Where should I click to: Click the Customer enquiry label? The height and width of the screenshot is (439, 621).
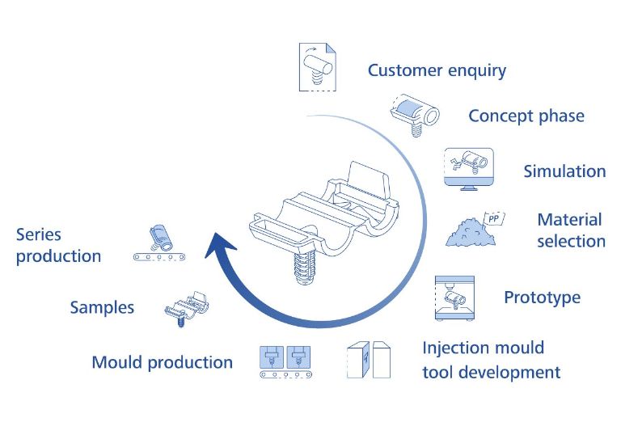(x=437, y=71)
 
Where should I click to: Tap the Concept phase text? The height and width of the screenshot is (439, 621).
(x=526, y=116)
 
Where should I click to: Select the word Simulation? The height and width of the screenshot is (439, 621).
(x=564, y=171)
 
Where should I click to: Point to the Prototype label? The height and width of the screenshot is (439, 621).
(x=543, y=298)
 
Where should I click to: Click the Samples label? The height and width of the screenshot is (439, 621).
(x=102, y=307)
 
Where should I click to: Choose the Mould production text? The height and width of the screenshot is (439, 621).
(x=163, y=363)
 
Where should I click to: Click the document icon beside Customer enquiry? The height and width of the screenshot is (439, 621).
(x=318, y=67)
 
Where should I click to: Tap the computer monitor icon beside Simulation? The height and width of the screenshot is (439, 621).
(x=469, y=169)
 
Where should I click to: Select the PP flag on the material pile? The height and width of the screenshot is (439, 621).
(x=494, y=218)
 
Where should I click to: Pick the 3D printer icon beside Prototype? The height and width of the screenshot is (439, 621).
(x=454, y=298)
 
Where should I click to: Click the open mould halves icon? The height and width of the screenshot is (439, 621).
(x=369, y=360)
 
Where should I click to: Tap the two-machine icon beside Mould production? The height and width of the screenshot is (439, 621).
(x=285, y=362)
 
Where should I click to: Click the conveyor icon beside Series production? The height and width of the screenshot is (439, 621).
(x=159, y=244)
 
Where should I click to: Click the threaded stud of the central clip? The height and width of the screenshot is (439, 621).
(x=304, y=268)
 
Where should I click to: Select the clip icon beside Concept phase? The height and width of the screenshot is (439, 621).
(x=415, y=115)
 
